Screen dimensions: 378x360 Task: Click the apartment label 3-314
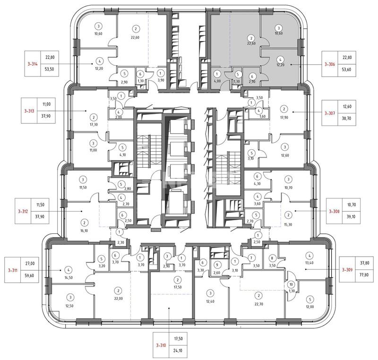(33, 64)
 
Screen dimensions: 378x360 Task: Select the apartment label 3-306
(329, 64)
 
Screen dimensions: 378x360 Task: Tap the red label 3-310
(161, 345)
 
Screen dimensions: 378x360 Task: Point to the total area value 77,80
(364, 274)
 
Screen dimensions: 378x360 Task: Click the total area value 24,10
(178, 351)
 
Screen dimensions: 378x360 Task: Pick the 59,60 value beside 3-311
(30, 275)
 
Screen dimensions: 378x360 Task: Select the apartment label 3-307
(329, 113)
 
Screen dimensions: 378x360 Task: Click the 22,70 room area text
(258, 304)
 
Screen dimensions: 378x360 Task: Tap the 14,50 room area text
(69, 278)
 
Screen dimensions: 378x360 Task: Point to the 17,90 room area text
(284, 118)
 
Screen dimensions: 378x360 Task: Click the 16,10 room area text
(84, 231)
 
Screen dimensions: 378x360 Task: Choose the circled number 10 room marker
(291, 284)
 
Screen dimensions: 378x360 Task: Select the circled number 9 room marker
(217, 265)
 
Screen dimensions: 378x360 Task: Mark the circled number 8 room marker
(272, 258)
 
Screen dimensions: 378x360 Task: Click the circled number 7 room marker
(251, 258)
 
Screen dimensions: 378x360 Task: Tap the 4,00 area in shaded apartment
(217, 81)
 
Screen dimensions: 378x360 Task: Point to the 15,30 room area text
(288, 224)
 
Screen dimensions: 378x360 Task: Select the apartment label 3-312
(23, 212)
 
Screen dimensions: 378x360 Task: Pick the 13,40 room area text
(309, 263)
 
